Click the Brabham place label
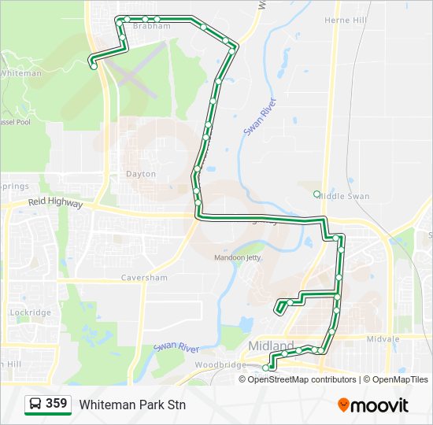[x=152, y=26]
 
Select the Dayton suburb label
[x=141, y=174]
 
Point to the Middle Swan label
[x=347, y=195]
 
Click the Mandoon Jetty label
[x=238, y=257]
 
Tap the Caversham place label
[x=145, y=278]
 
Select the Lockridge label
[x=30, y=312]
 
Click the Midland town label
[x=270, y=346]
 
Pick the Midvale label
[x=383, y=338]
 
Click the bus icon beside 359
[x=36, y=405]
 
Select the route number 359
[x=56, y=404]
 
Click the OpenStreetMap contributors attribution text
[x=302, y=379]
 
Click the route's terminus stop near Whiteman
[x=94, y=67]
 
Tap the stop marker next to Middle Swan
[x=316, y=194]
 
